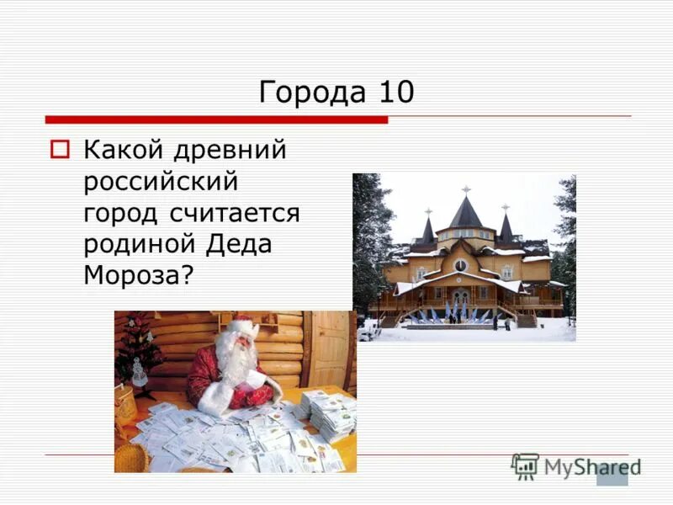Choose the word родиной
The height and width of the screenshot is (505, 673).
[x=139, y=244]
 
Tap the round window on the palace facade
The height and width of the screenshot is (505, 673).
[x=461, y=266]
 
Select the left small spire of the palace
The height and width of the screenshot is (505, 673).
[x=428, y=227]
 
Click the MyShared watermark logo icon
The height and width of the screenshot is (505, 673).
[x=525, y=465]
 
